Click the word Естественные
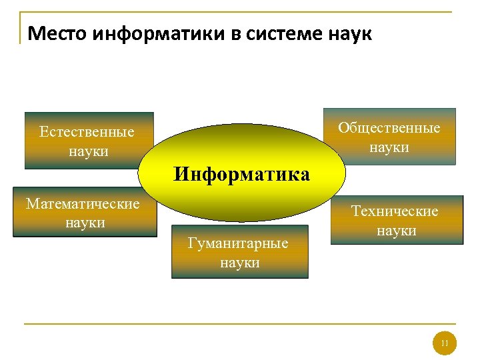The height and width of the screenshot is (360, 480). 87,132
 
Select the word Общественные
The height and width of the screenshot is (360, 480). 389,128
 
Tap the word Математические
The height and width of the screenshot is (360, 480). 83,204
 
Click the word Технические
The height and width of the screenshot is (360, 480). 395,211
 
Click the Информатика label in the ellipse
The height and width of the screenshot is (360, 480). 241,175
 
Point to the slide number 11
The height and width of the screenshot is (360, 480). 445,344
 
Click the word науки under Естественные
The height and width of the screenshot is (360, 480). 88,151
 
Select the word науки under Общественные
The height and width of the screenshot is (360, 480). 389,147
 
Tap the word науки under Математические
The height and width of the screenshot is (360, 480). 85,223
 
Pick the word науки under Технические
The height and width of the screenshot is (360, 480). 396,231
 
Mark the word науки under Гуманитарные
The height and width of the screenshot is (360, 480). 239,263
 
